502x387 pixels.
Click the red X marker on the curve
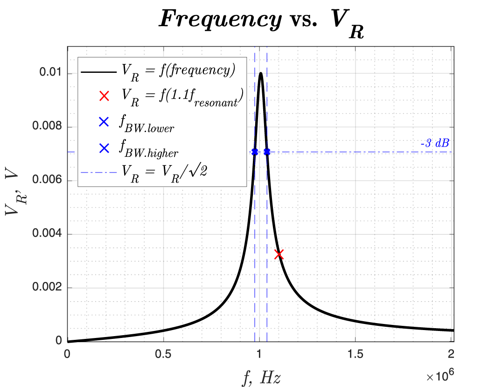tap(279, 254)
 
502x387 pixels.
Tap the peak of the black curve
tap(261, 73)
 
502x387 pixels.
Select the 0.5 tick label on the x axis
tap(163, 353)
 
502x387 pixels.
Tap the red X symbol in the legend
tap(104, 96)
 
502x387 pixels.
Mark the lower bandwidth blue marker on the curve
tap(255, 152)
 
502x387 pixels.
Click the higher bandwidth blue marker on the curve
tap(267, 152)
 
